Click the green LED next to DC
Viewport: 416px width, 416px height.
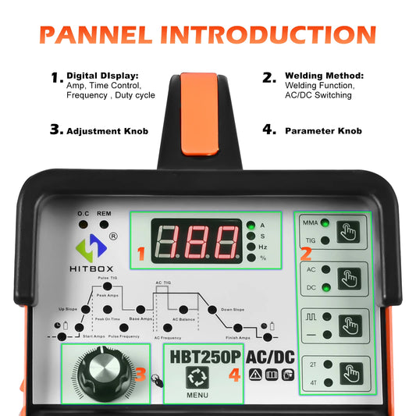tap(323, 287)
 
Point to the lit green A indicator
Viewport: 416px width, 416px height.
tap(250, 225)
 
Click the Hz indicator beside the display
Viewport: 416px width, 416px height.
tap(250, 247)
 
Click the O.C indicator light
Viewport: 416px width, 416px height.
tap(83, 225)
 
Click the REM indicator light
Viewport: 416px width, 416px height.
tap(104, 225)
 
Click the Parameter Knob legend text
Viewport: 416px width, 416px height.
tap(322, 131)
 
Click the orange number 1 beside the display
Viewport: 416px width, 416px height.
tap(141, 253)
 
